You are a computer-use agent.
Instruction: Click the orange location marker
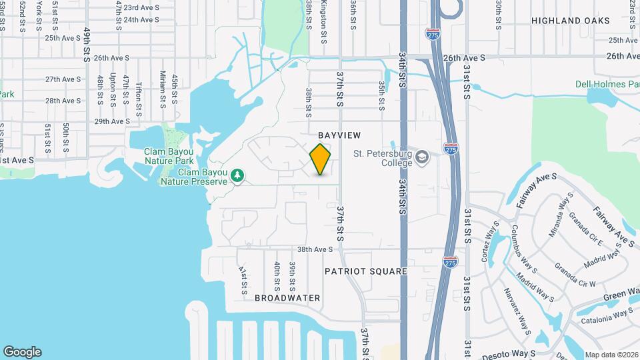click(x=321, y=159)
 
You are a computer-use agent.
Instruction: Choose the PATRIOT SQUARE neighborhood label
click(x=365, y=271)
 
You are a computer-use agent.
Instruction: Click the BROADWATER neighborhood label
click(x=287, y=298)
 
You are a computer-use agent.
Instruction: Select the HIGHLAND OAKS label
click(x=570, y=21)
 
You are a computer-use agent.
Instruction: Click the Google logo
click(x=22, y=351)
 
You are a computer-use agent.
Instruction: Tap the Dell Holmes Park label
click(x=607, y=84)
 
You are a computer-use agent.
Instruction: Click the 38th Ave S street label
click(x=315, y=249)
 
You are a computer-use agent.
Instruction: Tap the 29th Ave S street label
click(x=112, y=121)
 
